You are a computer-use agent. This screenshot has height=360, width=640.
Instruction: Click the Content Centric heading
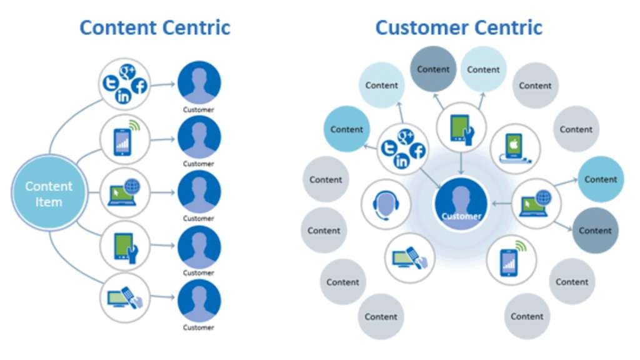[x=155, y=27]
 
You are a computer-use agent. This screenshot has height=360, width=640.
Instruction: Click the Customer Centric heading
[x=459, y=27]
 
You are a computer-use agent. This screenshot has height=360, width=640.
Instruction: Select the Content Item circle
[x=49, y=193]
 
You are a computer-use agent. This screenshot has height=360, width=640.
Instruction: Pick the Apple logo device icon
[x=514, y=147]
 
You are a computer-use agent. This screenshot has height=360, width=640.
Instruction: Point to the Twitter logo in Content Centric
[x=111, y=81]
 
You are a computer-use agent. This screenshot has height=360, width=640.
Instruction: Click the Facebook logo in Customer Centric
[x=417, y=150]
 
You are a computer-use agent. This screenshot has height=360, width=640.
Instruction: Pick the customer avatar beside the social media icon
[x=199, y=82]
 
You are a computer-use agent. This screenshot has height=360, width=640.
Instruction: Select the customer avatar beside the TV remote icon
[x=199, y=301]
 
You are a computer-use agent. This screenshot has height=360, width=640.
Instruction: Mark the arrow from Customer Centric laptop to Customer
[x=502, y=202]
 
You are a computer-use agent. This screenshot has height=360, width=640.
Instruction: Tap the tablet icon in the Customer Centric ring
[x=461, y=127]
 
